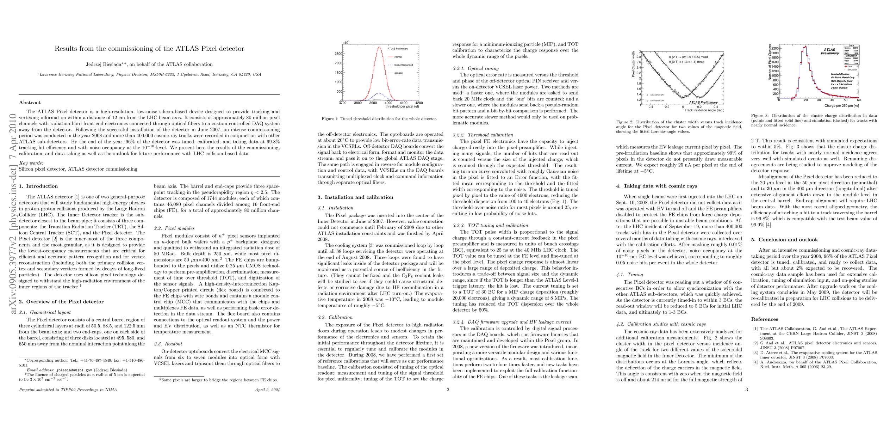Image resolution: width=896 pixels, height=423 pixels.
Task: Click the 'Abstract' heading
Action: tap(30, 103)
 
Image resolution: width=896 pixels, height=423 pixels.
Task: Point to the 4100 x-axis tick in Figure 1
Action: tap(404, 103)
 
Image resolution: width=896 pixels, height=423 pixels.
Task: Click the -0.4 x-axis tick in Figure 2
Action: tap(650, 107)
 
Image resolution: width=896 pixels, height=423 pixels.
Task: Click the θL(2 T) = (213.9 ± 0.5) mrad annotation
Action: tap(688, 57)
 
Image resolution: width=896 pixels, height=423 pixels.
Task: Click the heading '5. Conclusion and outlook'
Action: tap(784, 240)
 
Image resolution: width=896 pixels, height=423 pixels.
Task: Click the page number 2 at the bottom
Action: tap(448, 390)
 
